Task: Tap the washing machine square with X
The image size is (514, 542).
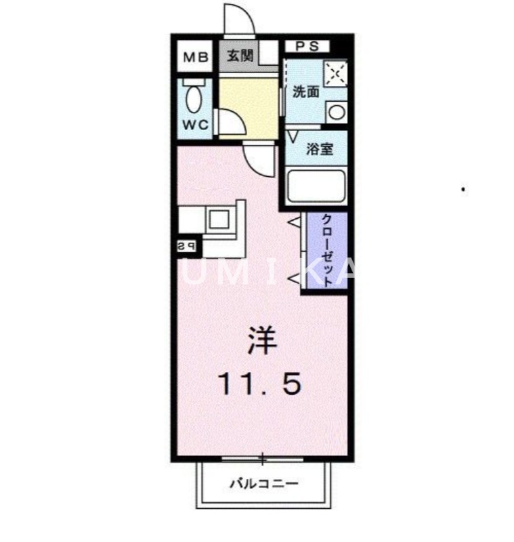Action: [335, 73]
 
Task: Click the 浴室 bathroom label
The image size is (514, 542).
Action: [318, 150]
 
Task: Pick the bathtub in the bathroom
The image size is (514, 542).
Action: [316, 186]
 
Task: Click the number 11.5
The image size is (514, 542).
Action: [259, 385]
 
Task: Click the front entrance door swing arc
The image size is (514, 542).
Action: [240, 17]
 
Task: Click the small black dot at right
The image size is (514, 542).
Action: [463, 190]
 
